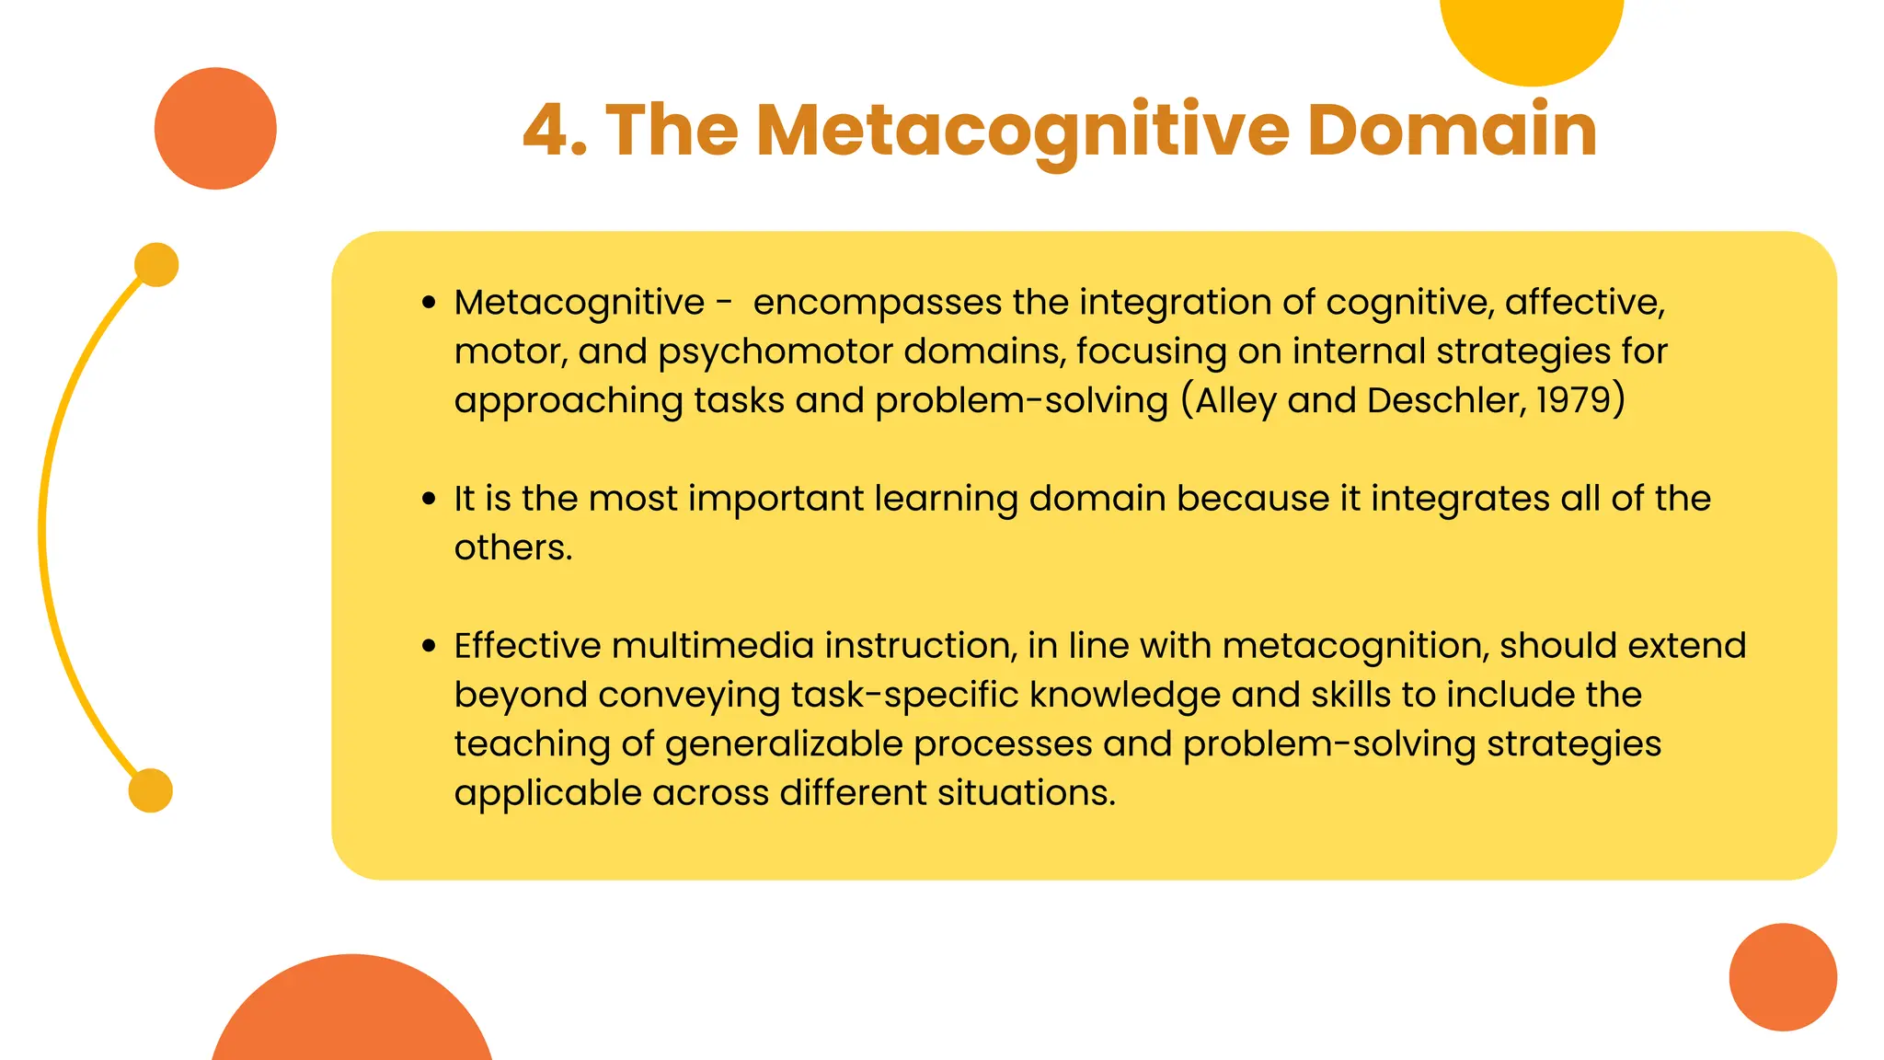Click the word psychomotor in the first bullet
pos(775,352)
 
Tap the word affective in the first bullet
pos(1583,303)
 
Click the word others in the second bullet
pos(512,548)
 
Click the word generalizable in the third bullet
pos(784,744)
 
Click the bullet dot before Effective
pos(429,646)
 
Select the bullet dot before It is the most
pos(429,499)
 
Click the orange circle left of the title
pos(215,129)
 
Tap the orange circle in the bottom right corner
pos(1782,977)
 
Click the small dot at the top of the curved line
pos(156,265)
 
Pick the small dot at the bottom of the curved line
pos(151,790)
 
